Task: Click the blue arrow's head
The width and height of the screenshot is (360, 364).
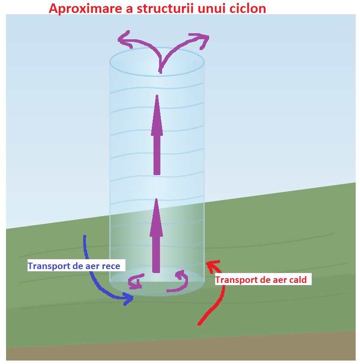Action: coord(128,298)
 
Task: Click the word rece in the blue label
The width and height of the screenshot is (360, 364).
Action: coord(111,266)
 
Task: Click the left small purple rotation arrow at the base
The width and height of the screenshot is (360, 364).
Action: coord(135,283)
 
